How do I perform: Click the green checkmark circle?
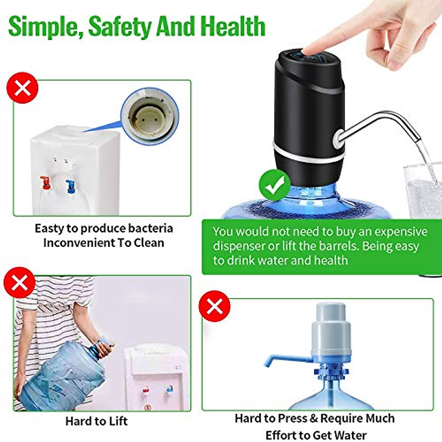coord(275,185)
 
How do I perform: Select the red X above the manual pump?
coord(215,306)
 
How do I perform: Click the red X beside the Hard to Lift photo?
coord(20,283)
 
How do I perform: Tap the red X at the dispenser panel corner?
coord(22,88)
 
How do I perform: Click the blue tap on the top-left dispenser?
coord(70,186)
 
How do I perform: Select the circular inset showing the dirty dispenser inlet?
coord(150,115)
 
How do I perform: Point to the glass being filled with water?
coord(424,192)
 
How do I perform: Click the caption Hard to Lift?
coord(97,421)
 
